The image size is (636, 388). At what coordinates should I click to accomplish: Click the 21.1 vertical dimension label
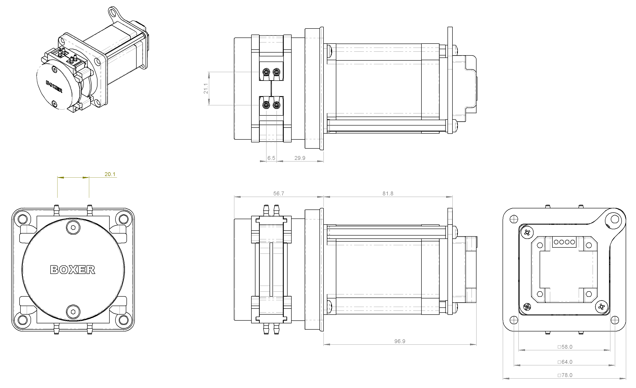[206, 88]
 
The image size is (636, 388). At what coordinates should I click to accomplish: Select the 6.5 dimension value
[271, 158]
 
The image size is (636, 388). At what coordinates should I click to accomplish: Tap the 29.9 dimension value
[300, 158]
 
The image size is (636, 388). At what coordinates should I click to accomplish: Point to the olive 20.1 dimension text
[110, 174]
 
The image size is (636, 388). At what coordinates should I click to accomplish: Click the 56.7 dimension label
[279, 194]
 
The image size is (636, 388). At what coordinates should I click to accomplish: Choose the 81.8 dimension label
[388, 194]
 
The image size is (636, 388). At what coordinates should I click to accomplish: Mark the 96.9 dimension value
[400, 341]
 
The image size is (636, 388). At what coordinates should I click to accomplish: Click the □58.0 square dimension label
[565, 347]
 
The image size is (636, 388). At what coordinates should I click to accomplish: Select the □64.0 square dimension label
[565, 362]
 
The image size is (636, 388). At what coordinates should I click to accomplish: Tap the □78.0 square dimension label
[565, 375]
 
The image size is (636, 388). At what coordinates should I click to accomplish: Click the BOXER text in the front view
[73, 270]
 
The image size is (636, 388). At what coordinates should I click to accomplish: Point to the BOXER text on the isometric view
[54, 86]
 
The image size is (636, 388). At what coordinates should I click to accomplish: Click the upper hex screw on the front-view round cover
[73, 227]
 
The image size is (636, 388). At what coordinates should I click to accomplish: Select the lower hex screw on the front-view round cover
[73, 312]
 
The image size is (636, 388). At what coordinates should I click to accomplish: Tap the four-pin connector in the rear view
[564, 242]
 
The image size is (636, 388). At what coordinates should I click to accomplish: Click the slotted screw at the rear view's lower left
[527, 307]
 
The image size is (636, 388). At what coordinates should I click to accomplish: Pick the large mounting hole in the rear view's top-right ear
[615, 220]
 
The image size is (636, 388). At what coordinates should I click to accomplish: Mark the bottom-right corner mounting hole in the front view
[124, 320]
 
